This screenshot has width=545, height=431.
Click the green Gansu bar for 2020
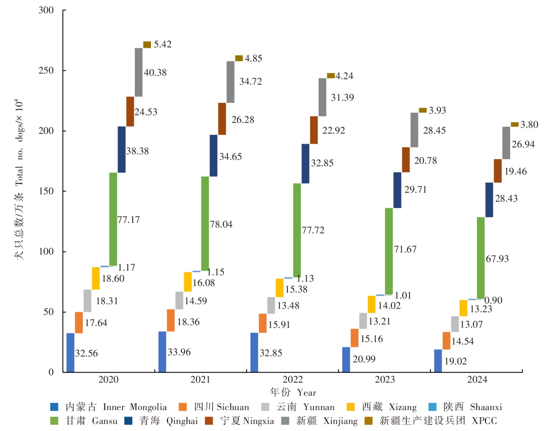click(x=113, y=219)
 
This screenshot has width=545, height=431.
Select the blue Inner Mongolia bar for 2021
click(x=162, y=352)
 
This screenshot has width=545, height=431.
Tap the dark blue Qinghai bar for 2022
click(x=305, y=164)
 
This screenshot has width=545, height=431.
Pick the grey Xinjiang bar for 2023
click(x=415, y=130)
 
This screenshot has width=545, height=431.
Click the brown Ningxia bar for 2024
click(x=498, y=171)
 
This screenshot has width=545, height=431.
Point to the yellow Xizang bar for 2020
click(x=96, y=278)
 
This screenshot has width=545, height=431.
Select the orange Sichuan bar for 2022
click(x=263, y=323)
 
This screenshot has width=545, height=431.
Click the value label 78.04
click(x=221, y=225)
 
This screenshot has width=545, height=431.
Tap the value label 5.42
click(x=162, y=44)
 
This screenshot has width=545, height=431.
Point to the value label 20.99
click(x=364, y=359)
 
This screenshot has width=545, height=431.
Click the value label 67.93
click(x=497, y=259)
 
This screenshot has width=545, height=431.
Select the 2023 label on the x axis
click(x=385, y=380)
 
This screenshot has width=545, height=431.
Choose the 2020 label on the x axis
click(x=108, y=380)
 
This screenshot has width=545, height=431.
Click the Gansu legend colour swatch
click(x=54, y=421)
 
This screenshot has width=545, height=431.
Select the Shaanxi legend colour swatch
click(x=433, y=407)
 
